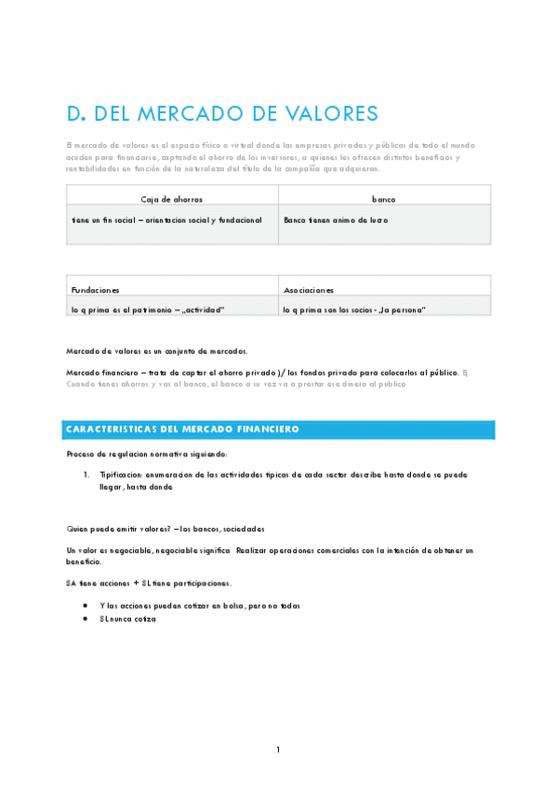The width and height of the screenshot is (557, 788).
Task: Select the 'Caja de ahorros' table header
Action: pos(171,199)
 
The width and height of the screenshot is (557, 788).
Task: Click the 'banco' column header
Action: pos(384,199)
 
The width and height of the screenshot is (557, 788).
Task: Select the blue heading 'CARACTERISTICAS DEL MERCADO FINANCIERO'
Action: pos(181,429)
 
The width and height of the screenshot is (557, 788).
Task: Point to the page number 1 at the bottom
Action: pos(278,750)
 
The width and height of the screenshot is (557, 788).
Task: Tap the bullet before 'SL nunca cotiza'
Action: pos(86,618)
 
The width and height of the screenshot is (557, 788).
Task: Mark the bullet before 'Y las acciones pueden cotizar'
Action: pos(86,605)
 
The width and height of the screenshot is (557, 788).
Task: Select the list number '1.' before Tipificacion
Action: pos(86,474)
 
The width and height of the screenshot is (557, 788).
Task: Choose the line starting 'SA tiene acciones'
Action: pos(149,584)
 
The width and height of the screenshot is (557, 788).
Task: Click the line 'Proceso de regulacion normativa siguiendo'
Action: pos(146,453)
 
